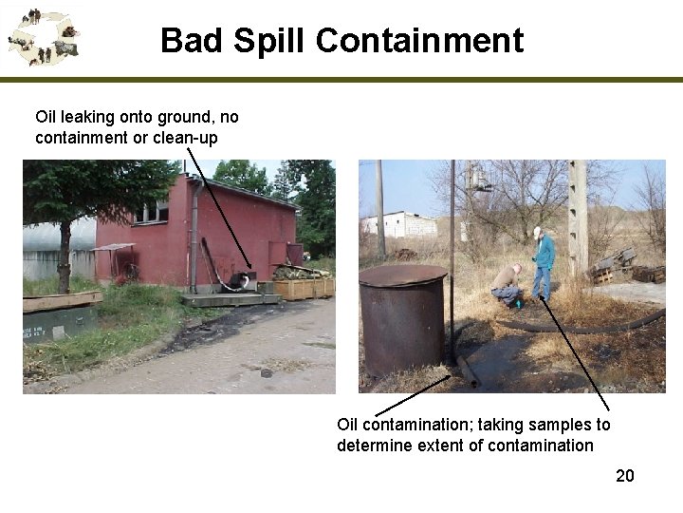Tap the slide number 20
click(x=624, y=476)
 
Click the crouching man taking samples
click(x=508, y=285)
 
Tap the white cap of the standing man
click(x=537, y=230)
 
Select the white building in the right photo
click(x=399, y=225)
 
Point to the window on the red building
click(x=151, y=212)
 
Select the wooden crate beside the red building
click(x=304, y=287)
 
